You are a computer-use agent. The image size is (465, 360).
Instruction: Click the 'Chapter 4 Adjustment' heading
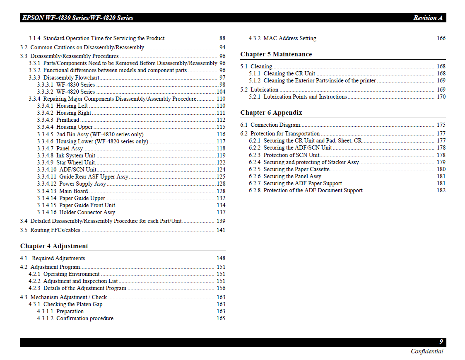tap(54, 246)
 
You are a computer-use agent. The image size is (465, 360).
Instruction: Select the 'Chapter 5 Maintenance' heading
tap(276, 54)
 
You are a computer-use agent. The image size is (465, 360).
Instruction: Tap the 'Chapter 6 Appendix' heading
tap(271, 113)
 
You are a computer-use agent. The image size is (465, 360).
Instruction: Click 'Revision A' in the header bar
tap(428, 18)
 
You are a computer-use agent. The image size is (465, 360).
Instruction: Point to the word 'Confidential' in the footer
tap(427, 351)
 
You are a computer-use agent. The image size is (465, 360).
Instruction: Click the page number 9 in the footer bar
tap(441, 342)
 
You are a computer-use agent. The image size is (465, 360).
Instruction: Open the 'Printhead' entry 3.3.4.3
tap(67, 120)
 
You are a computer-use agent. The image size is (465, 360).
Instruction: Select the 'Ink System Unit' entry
tap(76, 156)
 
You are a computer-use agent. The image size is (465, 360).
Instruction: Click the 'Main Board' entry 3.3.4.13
tap(73, 191)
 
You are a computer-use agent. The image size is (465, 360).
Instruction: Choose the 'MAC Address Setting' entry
tap(289, 39)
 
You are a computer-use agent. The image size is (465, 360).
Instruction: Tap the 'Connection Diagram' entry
tap(275, 125)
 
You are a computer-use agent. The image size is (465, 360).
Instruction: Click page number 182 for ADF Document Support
tap(441, 191)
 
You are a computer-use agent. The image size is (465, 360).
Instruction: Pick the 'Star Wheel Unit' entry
tap(75, 163)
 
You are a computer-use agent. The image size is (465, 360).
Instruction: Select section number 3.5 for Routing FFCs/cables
tap(24, 230)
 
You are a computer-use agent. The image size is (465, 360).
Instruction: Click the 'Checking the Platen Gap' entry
tap(72, 304)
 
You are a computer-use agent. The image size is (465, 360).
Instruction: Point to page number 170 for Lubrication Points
tap(441, 97)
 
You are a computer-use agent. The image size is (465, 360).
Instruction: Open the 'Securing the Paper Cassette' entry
tap(296, 169)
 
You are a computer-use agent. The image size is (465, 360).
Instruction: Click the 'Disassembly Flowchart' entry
tap(71, 78)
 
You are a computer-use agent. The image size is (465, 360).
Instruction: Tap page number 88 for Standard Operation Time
tap(222, 39)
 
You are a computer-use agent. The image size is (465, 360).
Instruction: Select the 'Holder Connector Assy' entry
tap(87, 213)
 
